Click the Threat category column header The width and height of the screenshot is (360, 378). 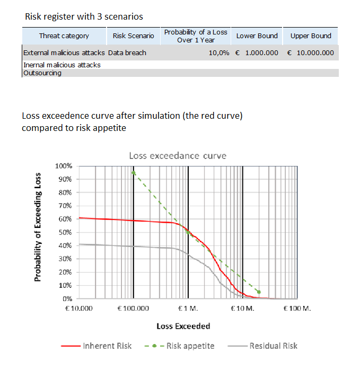[x=64, y=36]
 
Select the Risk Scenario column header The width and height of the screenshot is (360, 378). [x=133, y=36]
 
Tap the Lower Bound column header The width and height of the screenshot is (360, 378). [x=257, y=36]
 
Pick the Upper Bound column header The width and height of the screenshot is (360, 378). [x=311, y=36]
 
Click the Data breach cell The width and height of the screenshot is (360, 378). [x=127, y=53]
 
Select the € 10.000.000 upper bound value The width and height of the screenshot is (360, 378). [x=310, y=53]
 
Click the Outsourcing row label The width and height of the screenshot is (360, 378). [x=42, y=73]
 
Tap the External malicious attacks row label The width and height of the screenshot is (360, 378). [x=64, y=53]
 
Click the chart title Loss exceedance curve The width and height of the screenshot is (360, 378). [x=178, y=156]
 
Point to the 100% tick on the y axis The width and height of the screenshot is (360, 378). [x=64, y=166]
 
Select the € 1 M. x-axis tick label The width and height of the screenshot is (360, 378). [x=188, y=308]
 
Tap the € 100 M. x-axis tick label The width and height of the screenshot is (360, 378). [x=297, y=308]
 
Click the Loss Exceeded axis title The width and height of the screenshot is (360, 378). [x=183, y=326]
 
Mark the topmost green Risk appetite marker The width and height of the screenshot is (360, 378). [x=134, y=172]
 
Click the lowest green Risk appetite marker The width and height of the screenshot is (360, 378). [x=259, y=292]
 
